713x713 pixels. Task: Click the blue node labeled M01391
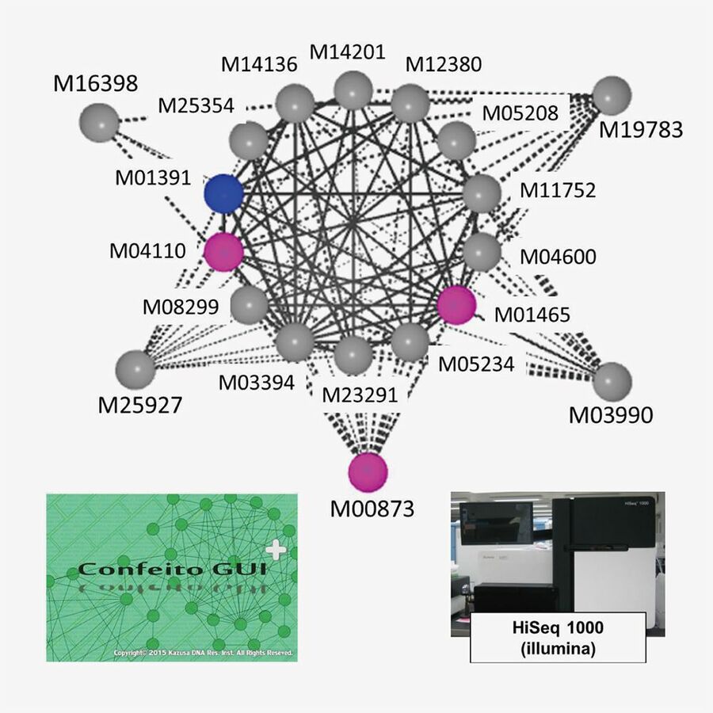pos(223,193)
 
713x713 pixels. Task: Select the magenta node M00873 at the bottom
pos(368,471)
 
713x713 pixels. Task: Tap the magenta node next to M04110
pos(224,253)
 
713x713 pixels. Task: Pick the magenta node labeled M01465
pos(457,305)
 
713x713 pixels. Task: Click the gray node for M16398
pos(100,124)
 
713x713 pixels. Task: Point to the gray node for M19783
pos(612,96)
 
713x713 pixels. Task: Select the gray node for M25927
pos(135,368)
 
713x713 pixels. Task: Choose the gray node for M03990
pos(612,381)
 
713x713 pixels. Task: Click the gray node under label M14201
pos(353,90)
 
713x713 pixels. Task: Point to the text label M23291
pos(360,394)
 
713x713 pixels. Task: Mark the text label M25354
pos(195,105)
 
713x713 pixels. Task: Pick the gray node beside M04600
pos(482,253)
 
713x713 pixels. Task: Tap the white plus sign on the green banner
pos(275,548)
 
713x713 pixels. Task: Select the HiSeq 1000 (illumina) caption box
pos(557,636)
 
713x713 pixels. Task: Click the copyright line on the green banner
pos(204,653)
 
